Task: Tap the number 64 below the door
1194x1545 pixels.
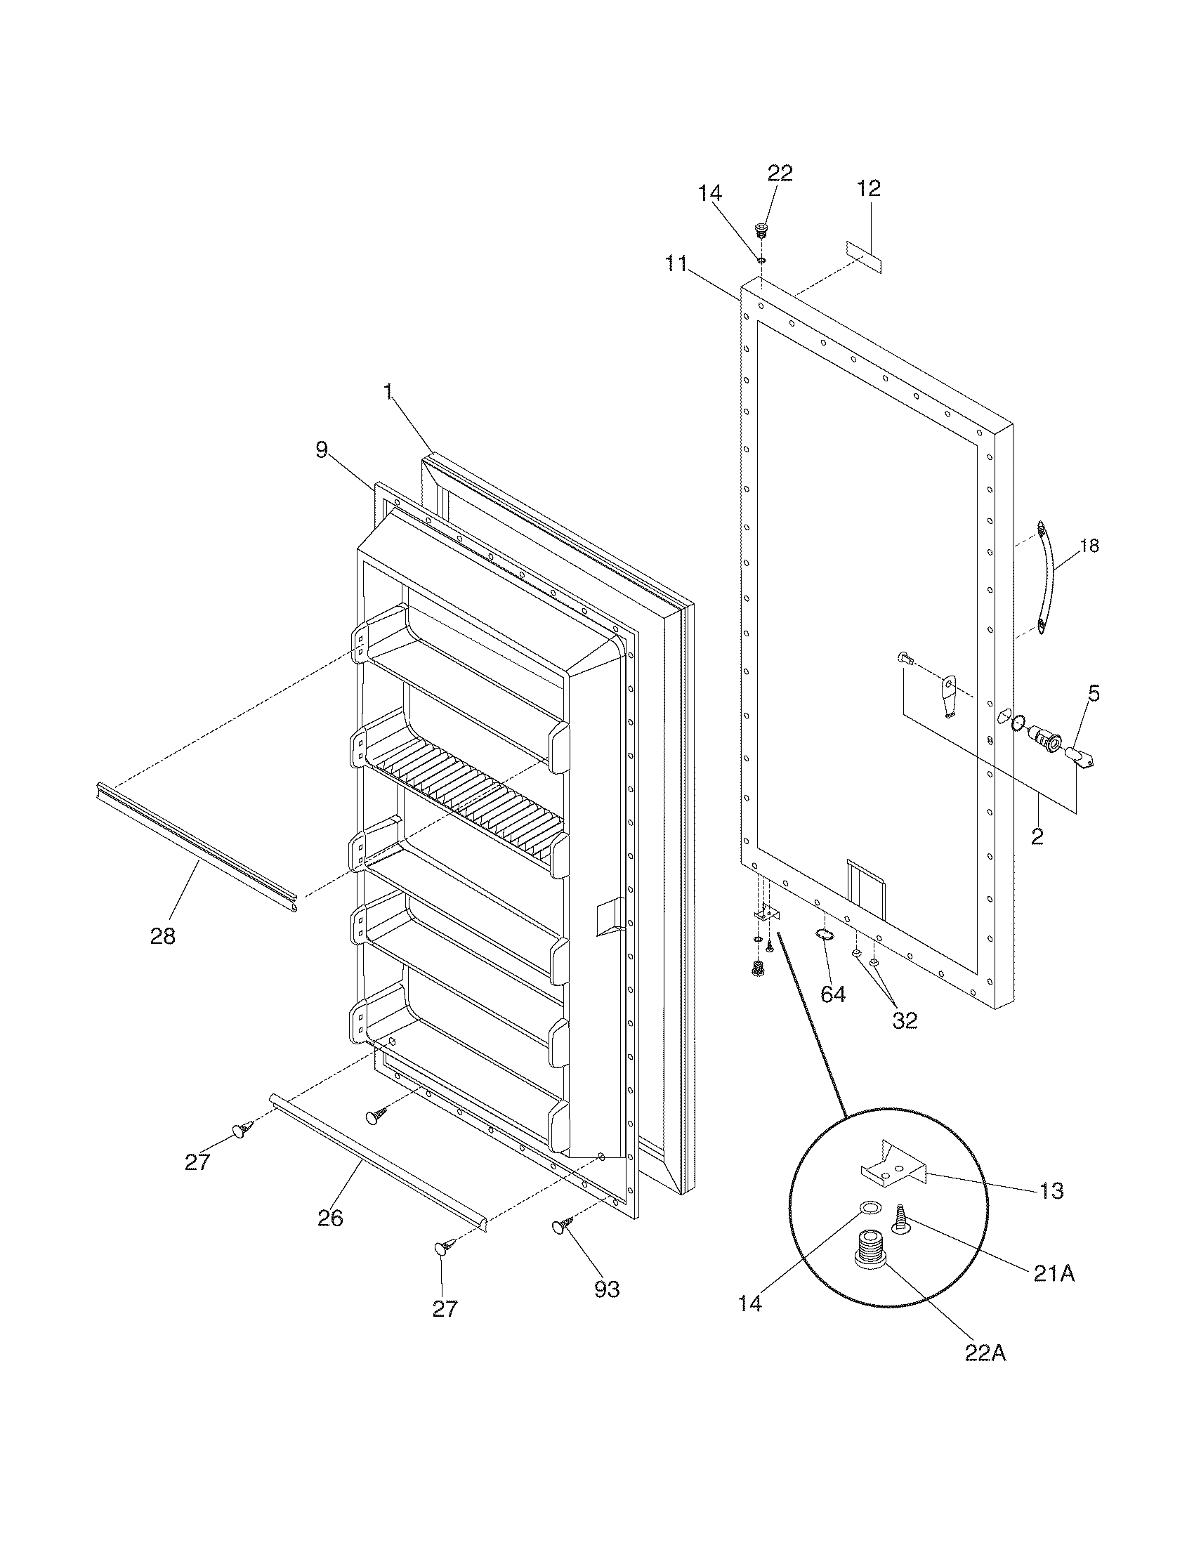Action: pyautogui.click(x=832, y=994)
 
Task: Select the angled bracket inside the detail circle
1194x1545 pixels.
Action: pyautogui.click(x=893, y=1168)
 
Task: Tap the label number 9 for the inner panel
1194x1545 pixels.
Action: pyautogui.click(x=322, y=450)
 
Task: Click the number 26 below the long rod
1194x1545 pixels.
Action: pyautogui.click(x=330, y=1217)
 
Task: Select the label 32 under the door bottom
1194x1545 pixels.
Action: pyautogui.click(x=905, y=1020)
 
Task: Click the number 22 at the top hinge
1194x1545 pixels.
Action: pyautogui.click(x=780, y=173)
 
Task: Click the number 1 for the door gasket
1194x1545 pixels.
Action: pyautogui.click(x=388, y=393)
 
